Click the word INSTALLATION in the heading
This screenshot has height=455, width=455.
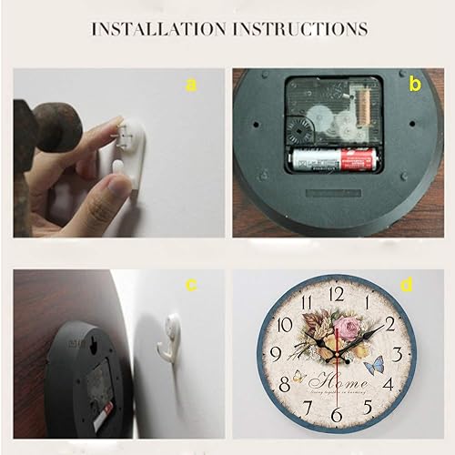pyautogui.click(x=156, y=29)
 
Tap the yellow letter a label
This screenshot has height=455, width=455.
pyautogui.click(x=190, y=86)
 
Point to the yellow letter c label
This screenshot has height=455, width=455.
pyautogui.click(x=192, y=285)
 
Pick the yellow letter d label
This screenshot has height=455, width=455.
pyautogui.click(x=407, y=285)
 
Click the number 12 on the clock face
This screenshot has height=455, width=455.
pyautogui.click(x=338, y=293)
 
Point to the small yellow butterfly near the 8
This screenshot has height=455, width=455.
pyautogui.click(x=298, y=375)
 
